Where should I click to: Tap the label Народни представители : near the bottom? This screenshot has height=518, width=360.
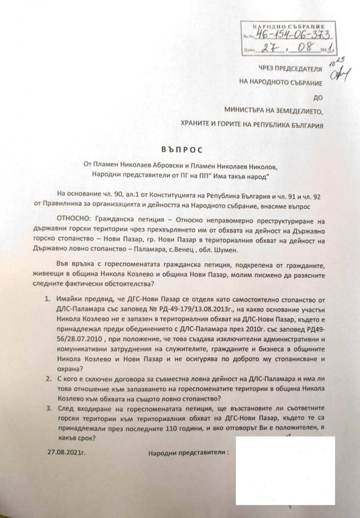pos(186,449)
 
